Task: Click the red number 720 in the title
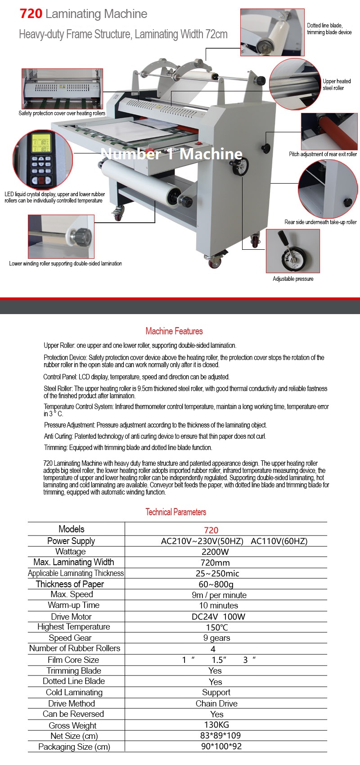click(31, 14)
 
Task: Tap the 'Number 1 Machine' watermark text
click(171, 154)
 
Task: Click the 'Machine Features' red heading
click(174, 331)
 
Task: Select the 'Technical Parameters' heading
click(175, 512)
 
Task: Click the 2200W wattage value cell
click(215, 552)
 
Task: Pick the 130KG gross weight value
click(216, 725)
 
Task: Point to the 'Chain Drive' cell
click(216, 703)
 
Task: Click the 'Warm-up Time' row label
click(73, 605)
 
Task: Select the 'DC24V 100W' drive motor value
click(218, 616)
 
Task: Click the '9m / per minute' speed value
click(219, 595)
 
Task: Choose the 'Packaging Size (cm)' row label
click(74, 747)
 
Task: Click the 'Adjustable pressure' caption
click(293, 279)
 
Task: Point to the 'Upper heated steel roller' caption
click(336, 85)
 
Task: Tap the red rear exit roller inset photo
click(329, 131)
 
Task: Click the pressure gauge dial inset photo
click(292, 251)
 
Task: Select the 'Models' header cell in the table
click(72, 529)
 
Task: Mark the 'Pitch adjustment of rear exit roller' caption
click(323, 154)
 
